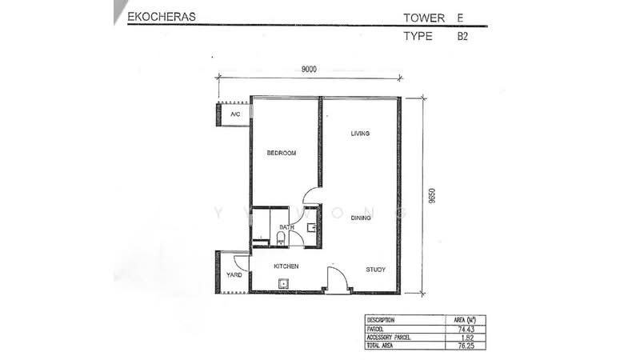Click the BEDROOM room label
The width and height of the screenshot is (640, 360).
click(282, 153)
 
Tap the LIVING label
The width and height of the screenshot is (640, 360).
click(360, 134)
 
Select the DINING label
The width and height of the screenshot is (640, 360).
click(361, 218)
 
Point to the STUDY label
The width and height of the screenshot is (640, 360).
click(375, 270)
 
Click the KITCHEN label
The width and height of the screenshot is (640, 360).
click(286, 266)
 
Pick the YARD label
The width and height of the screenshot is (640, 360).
click(234, 275)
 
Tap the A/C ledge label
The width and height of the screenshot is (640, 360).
click(235, 114)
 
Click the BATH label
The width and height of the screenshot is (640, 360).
click(286, 227)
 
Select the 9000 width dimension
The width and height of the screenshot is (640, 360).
click(309, 70)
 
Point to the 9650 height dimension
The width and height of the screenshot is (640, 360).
click(432, 195)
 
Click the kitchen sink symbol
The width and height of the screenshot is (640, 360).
click(283, 283)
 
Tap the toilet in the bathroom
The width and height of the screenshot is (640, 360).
click(281, 238)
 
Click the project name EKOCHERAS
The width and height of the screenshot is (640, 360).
click(162, 17)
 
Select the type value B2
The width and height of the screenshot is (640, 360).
click(462, 36)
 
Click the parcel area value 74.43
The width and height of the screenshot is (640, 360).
click(465, 329)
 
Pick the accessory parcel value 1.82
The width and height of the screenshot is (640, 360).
click(466, 338)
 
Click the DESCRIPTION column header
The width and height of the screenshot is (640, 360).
click(381, 320)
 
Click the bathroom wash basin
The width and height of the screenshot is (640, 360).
click(311, 227)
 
